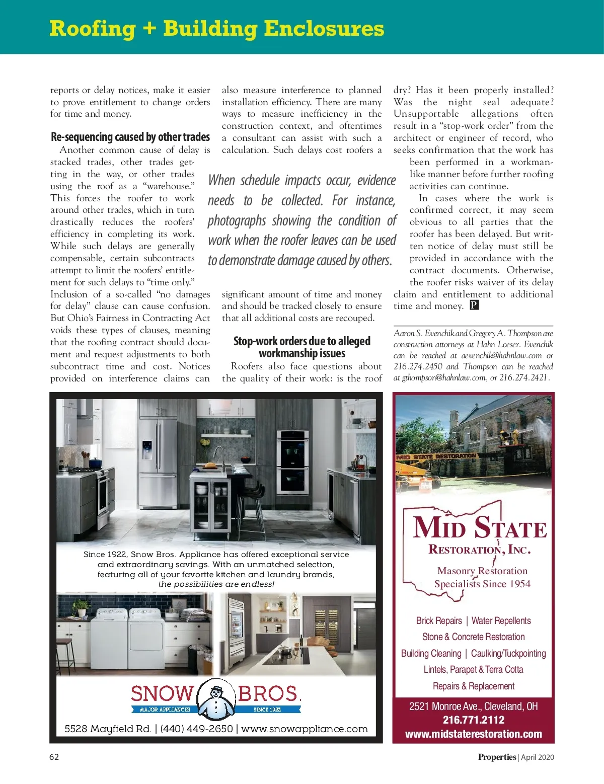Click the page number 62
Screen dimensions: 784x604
54,757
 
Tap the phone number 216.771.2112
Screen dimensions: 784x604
473,720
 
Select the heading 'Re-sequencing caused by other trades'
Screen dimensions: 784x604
130,137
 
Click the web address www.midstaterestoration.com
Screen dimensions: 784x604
473,734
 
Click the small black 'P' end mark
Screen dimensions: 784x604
474,305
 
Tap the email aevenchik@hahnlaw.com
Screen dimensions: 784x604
501,355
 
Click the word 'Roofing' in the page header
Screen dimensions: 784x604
93,29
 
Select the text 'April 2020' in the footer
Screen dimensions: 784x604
538,757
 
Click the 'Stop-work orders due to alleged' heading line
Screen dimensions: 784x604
301,341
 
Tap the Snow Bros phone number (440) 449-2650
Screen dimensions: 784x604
196,729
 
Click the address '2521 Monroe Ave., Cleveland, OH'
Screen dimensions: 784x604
473,706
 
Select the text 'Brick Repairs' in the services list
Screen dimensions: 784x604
439,621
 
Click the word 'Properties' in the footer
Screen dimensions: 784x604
497,757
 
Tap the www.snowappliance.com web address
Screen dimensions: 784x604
305,729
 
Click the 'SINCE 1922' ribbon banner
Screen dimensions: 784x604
268,710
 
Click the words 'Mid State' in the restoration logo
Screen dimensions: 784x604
479,528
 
